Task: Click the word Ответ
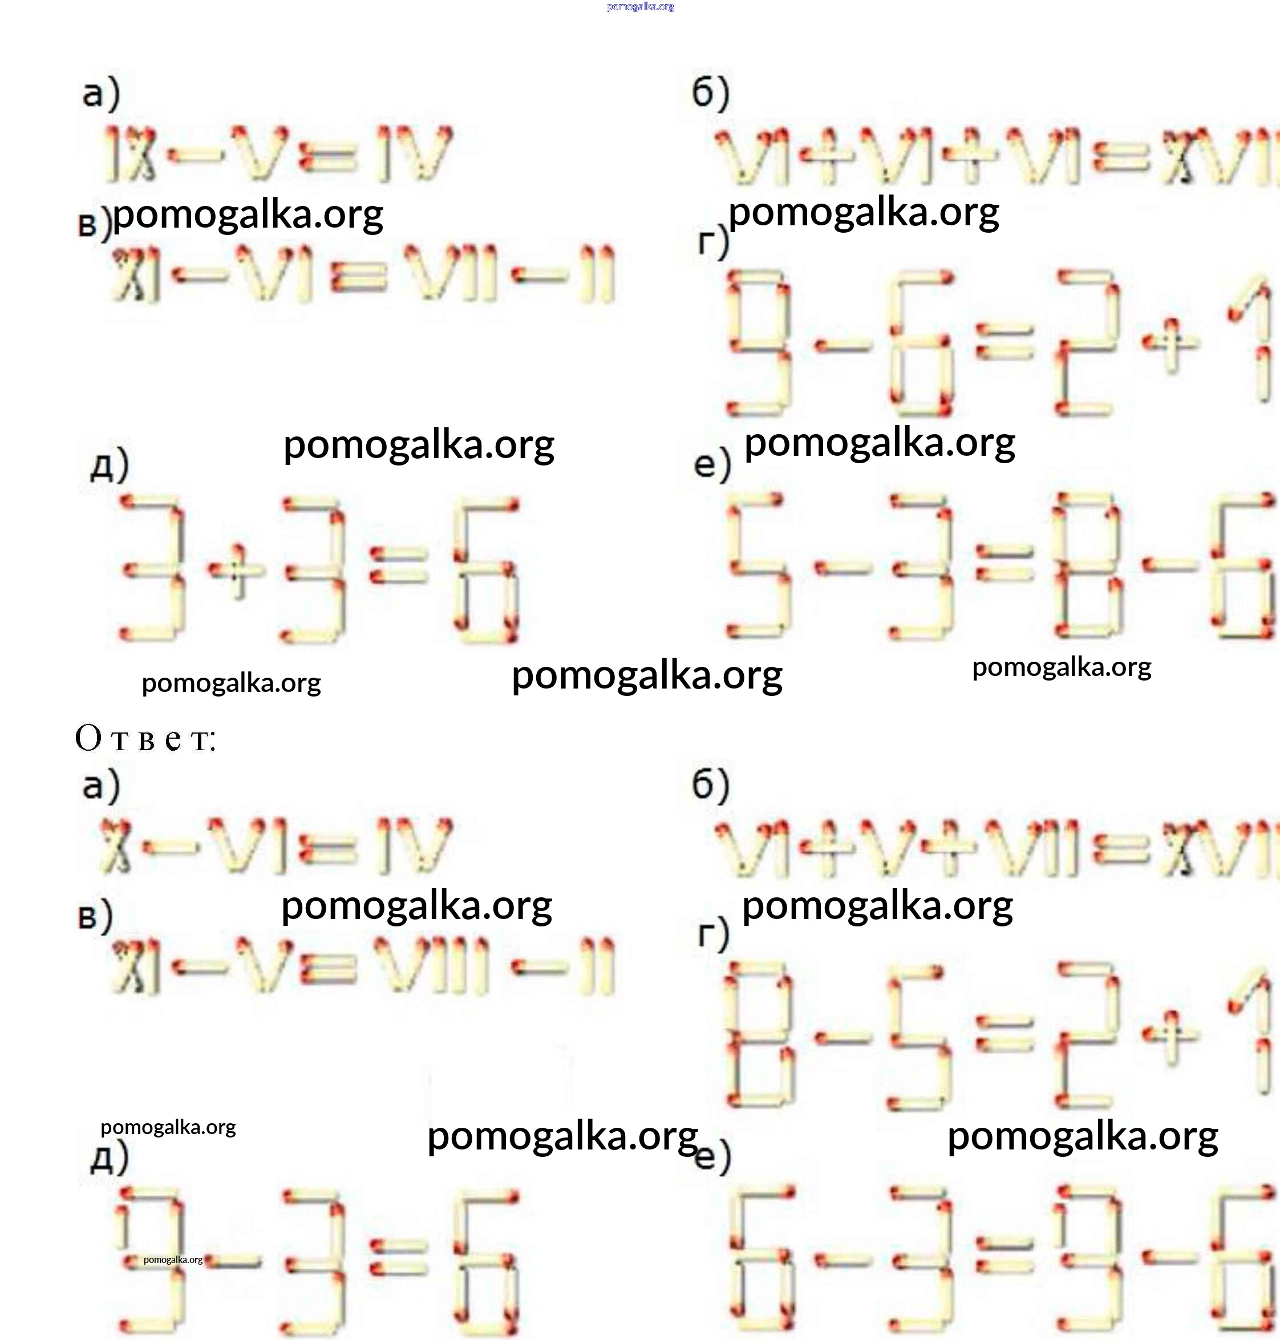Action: (x=145, y=738)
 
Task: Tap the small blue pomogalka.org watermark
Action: (x=640, y=7)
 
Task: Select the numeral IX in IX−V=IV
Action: (x=130, y=154)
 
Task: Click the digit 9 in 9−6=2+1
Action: (x=759, y=341)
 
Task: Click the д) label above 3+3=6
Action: (x=109, y=465)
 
